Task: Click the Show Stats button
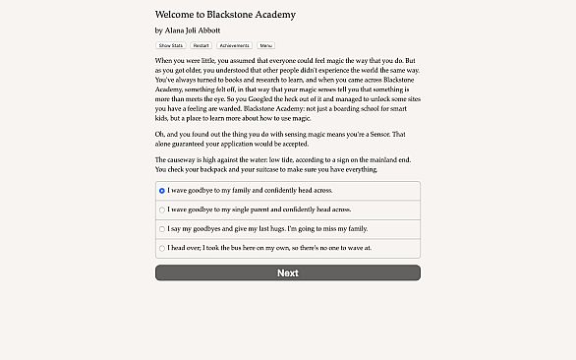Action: [x=170, y=45]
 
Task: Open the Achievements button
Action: [x=234, y=45]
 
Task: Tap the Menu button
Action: [x=266, y=45]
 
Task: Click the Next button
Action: [x=287, y=272]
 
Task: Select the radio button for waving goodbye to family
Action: [x=162, y=191]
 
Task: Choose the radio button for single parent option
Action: [x=162, y=210]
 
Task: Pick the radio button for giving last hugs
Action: [x=162, y=229]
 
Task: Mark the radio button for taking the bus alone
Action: [x=162, y=248]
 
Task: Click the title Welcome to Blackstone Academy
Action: [x=225, y=15]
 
